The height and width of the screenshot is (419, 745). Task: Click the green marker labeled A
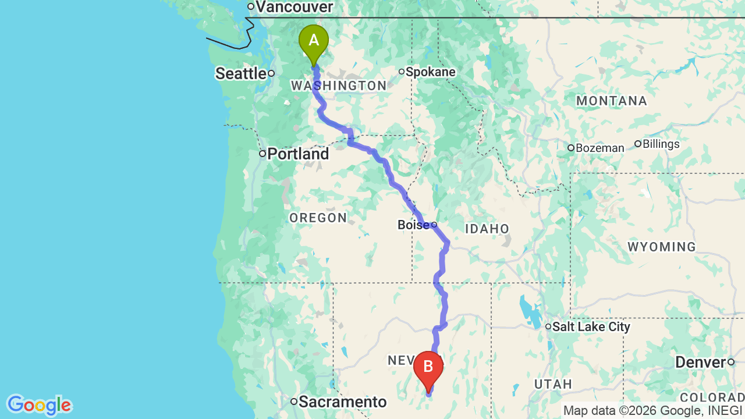[314, 41]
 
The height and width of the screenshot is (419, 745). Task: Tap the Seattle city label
[241, 73]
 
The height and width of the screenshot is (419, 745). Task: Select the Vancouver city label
[294, 7]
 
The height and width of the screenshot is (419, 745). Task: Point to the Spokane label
[430, 72]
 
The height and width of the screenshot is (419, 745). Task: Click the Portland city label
[298, 154]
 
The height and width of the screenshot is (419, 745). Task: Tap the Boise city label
[413, 225]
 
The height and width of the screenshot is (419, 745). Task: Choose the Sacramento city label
[342, 402]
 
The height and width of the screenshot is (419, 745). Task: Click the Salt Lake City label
[591, 327]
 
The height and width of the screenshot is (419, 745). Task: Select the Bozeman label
[599, 148]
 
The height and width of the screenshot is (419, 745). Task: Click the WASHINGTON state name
[339, 86]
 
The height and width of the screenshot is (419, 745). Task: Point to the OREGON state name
[318, 218]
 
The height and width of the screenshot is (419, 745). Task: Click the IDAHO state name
[487, 229]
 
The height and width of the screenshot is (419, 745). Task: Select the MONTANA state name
[612, 101]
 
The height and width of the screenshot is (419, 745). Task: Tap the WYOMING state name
[662, 247]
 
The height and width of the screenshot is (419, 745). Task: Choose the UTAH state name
[554, 384]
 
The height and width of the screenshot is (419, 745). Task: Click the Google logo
[39, 405]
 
